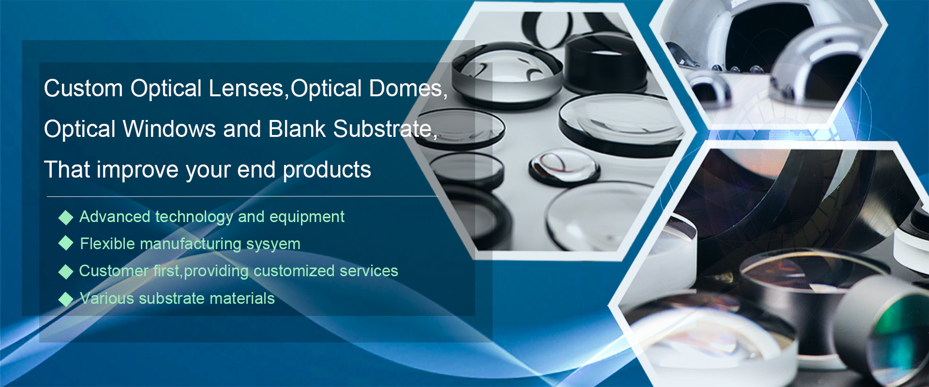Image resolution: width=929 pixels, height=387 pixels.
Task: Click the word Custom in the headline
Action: pyautogui.click(x=83, y=89)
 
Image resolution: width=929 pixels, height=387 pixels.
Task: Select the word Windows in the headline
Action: pyautogui.click(x=169, y=129)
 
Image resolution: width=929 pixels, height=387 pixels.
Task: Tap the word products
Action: pyautogui.click(x=327, y=170)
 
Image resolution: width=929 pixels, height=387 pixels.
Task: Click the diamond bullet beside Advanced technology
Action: pyautogui.click(x=66, y=218)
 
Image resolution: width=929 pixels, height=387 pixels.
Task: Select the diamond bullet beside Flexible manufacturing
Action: pyautogui.click(x=66, y=243)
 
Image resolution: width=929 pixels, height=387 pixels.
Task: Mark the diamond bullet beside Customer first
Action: pyautogui.click(x=66, y=272)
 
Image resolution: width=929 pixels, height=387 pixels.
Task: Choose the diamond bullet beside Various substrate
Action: pyautogui.click(x=66, y=299)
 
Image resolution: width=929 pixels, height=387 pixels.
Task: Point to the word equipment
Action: pyautogui.click(x=307, y=218)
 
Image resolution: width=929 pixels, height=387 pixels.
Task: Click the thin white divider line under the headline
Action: pyautogui.click(x=242, y=196)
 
